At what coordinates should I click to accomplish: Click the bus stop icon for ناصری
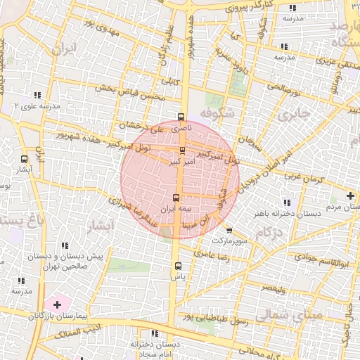pos(181,117)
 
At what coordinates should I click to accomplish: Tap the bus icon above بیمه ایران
pos(176,198)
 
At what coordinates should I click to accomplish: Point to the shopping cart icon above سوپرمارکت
pos(229,230)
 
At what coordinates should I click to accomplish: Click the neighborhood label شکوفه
pos(214,113)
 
